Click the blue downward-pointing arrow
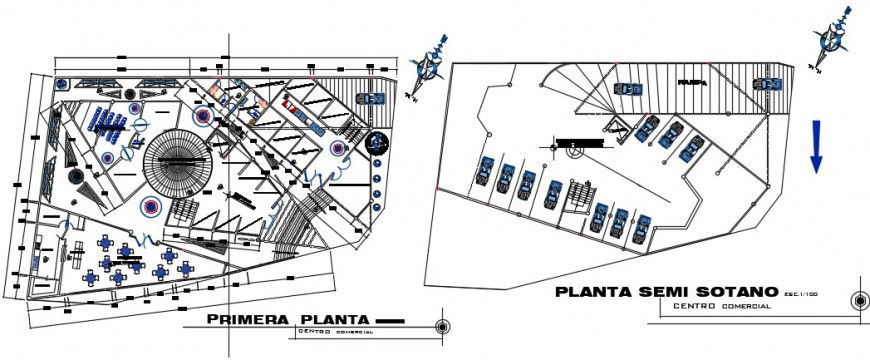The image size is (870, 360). click(x=817, y=146)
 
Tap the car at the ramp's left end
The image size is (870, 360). click(x=628, y=88)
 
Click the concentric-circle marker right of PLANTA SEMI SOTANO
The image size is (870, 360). click(x=857, y=300)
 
